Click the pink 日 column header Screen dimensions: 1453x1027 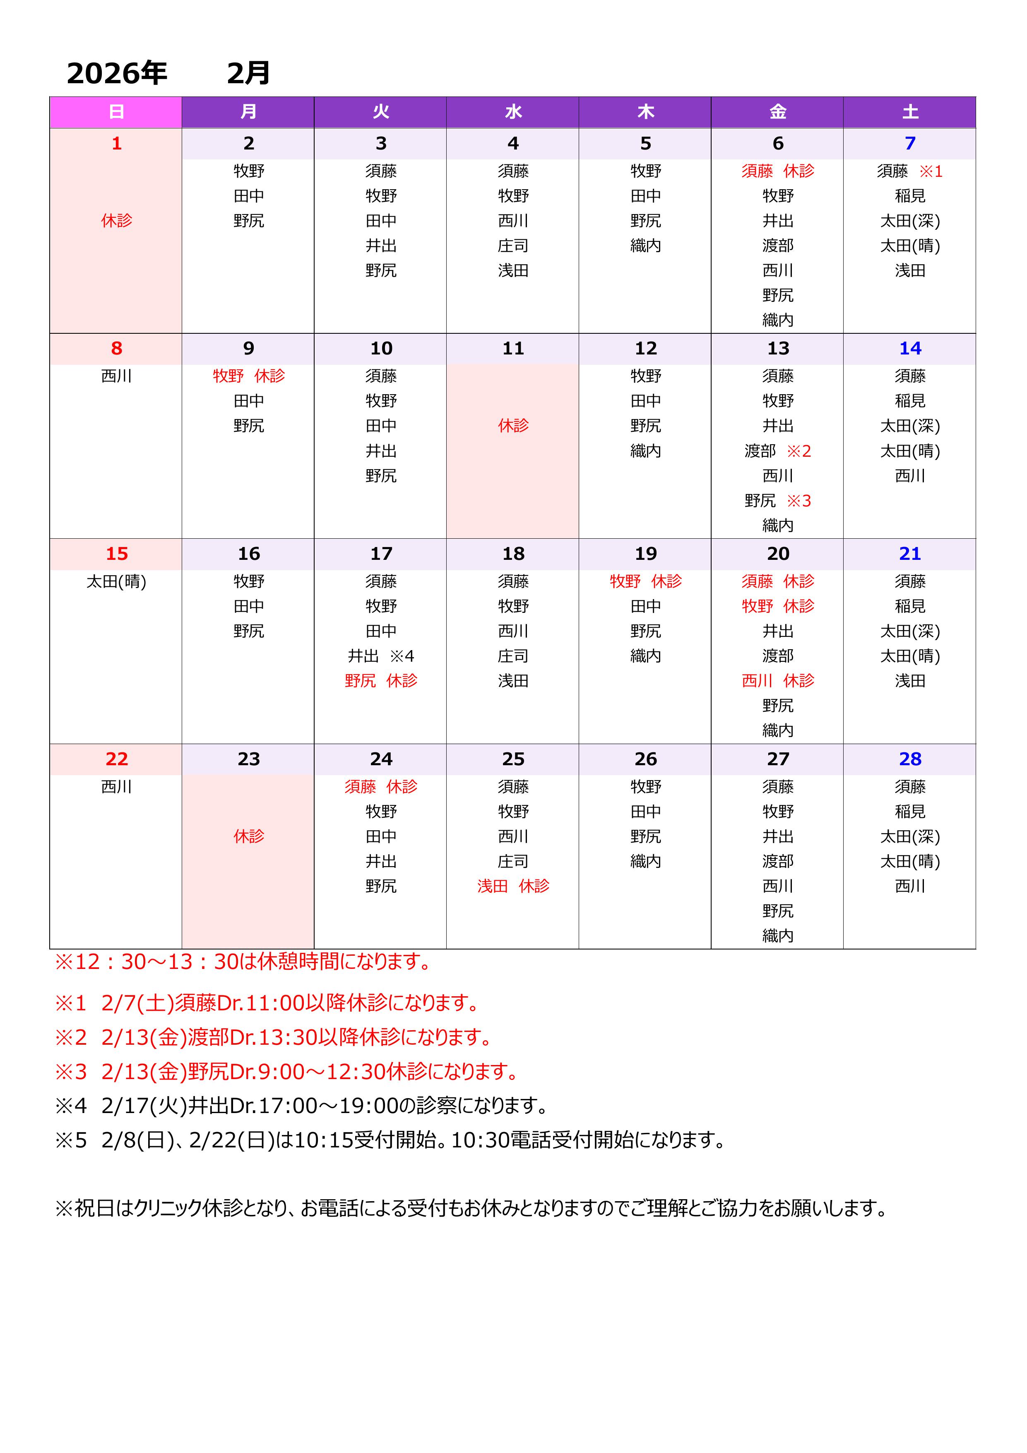click(x=116, y=112)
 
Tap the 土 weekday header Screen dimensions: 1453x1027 click(x=909, y=112)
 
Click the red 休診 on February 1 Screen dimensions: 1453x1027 click(x=116, y=220)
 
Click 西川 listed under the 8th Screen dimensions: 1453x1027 click(x=116, y=376)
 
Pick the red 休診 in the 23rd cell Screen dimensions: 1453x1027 click(x=249, y=836)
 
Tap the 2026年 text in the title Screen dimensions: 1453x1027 click(x=117, y=73)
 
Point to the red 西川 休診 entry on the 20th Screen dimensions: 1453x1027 click(x=778, y=681)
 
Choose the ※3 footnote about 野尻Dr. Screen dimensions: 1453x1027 click(x=288, y=1071)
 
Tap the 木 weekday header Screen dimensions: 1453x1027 click(x=645, y=112)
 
